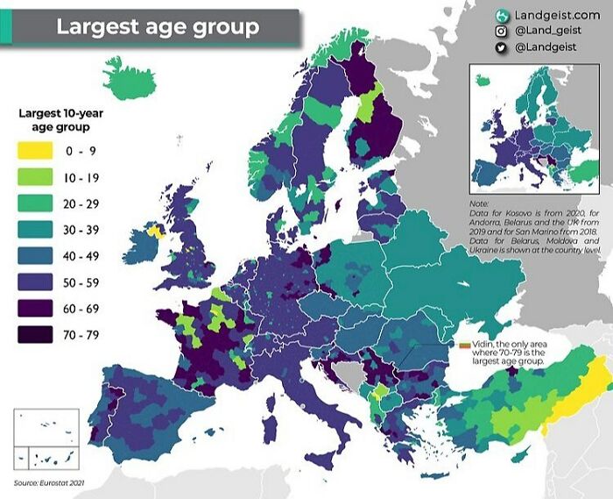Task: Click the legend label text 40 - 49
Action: (84, 256)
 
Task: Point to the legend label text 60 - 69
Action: (84, 309)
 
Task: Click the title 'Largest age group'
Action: (158, 26)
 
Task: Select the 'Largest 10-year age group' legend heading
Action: (58, 120)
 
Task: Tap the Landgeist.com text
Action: (557, 15)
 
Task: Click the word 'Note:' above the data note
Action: (482, 205)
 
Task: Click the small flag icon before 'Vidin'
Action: (466, 344)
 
